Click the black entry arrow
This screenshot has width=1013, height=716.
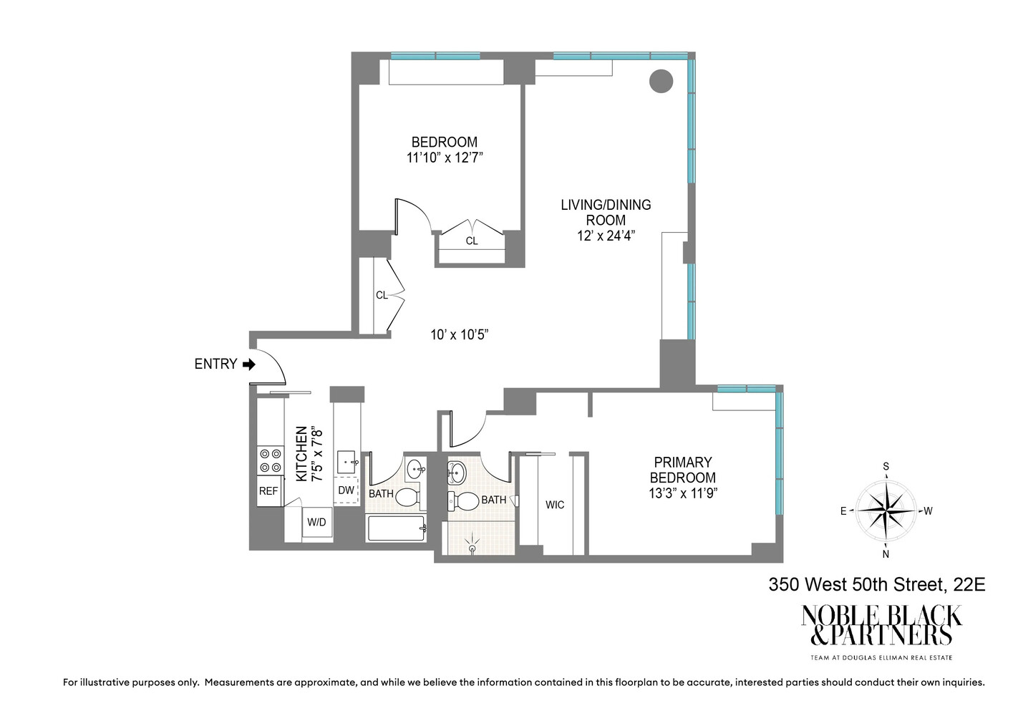pos(248,364)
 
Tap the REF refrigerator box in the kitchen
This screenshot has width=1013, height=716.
pos(268,491)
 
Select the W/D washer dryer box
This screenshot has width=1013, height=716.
pos(316,523)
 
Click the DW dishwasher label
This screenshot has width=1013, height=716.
pos(346,490)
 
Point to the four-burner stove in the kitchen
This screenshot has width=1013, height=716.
pos(270,460)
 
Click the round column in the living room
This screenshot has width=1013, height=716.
pos(661,81)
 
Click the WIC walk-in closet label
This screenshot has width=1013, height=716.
pos(555,505)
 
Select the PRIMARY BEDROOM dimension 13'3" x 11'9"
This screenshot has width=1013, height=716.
pos(682,493)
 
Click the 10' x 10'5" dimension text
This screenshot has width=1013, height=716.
pos(459,334)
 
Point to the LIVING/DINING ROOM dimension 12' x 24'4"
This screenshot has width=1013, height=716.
pos(606,236)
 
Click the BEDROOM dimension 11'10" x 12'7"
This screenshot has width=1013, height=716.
pos(444,158)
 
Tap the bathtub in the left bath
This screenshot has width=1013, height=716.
pos(397,528)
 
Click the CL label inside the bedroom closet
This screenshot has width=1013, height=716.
pos(472,241)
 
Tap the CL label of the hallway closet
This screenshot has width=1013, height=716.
pos(382,295)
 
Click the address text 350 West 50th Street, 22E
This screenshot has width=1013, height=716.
pos(876,585)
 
